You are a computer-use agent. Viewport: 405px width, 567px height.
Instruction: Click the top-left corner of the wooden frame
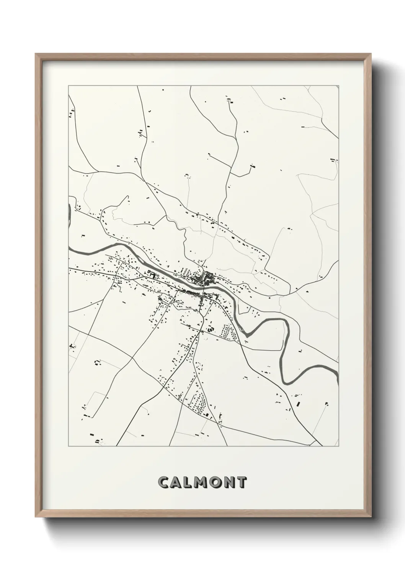click(x=36, y=54)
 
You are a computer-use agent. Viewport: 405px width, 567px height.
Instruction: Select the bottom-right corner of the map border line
click(x=338, y=446)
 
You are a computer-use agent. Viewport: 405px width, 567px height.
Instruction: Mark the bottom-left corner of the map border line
click(x=69, y=446)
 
